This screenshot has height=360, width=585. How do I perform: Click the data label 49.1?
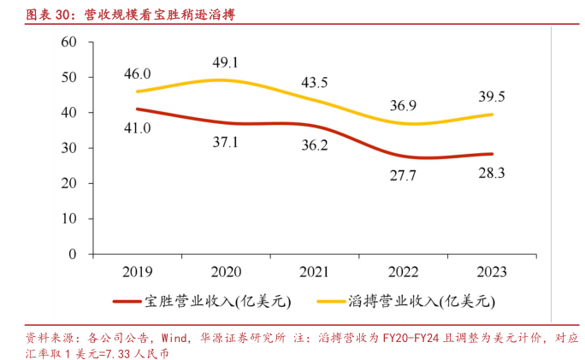pyautogui.click(x=227, y=62)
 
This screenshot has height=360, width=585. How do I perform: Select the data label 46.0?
pyautogui.click(x=138, y=74)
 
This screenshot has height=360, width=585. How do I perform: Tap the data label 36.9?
pyautogui.click(x=403, y=106)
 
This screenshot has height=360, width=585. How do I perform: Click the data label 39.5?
pyautogui.click(x=491, y=95)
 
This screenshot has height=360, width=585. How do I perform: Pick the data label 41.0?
pyautogui.click(x=138, y=128)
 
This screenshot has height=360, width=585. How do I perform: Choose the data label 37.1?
pyautogui.click(x=227, y=142)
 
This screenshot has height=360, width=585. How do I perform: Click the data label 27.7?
pyautogui.click(x=403, y=175)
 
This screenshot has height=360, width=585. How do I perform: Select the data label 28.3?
pyautogui.click(x=491, y=174)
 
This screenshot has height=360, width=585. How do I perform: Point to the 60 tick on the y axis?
pyautogui.click(x=69, y=42)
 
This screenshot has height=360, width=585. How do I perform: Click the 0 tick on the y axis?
pyautogui.click(x=74, y=254)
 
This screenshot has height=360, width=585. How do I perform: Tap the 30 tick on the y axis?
pyautogui.click(x=69, y=148)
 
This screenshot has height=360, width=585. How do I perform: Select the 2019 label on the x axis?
pyautogui.click(x=138, y=272)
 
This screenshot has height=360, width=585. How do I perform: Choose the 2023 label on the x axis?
pyautogui.click(x=491, y=272)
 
